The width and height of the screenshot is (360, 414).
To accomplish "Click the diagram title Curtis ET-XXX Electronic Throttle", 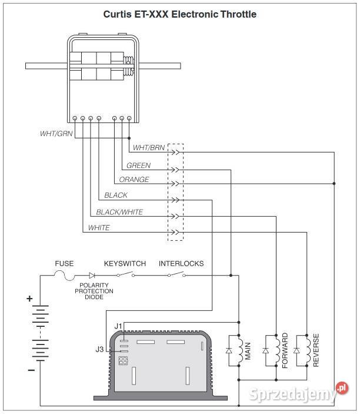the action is (179, 14).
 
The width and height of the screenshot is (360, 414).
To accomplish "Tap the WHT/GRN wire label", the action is (56, 134).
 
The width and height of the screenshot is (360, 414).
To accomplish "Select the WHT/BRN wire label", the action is (149, 148).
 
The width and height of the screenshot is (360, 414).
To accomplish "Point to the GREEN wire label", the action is (138, 165).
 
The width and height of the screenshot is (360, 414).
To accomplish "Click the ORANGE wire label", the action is (134, 180).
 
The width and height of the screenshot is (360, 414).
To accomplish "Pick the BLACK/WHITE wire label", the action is (119, 212).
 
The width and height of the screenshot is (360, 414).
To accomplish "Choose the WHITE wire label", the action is (99, 227).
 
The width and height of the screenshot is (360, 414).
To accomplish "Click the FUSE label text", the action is (64, 263).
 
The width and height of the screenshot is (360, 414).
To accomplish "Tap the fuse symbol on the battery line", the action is (64, 276).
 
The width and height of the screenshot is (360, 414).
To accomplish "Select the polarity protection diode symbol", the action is (92, 276).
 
